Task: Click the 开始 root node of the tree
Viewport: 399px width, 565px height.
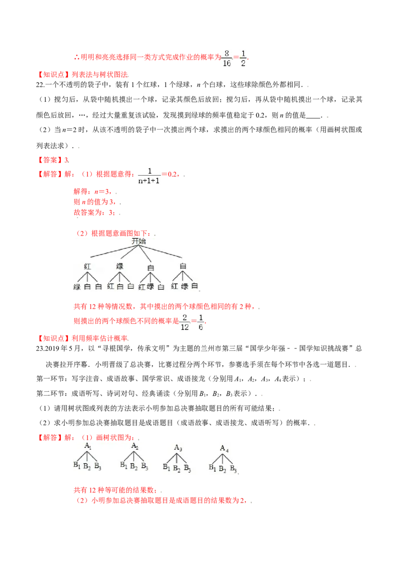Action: pyautogui.click(x=139, y=241)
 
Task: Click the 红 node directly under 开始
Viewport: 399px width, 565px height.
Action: pyautogui.click(x=88, y=267)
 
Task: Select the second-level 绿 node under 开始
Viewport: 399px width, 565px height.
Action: pyautogui.click(x=120, y=266)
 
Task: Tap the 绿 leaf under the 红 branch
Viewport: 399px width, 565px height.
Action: pyautogui.click(x=77, y=286)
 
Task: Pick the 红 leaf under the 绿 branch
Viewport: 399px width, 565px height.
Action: pyautogui.click(x=111, y=286)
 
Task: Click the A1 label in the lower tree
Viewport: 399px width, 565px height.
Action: pyautogui.click(x=88, y=445)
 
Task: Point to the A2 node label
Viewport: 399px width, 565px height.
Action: pyautogui.click(x=135, y=446)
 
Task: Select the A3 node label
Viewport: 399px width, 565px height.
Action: pyautogui.click(x=178, y=448)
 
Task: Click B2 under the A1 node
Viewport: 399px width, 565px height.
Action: pyautogui.click(x=87, y=467)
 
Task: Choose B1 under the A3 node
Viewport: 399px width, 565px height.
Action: pyautogui.click(x=167, y=468)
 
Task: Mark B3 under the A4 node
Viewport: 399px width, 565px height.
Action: pyautogui.click(x=234, y=469)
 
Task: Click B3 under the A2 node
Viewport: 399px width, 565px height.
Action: pyautogui.click(x=145, y=466)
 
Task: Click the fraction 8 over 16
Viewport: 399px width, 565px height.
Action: pyautogui.click(x=227, y=58)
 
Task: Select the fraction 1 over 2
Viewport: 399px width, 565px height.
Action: pyautogui.click(x=243, y=58)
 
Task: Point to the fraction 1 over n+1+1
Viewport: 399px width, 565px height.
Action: pyautogui.click(x=149, y=176)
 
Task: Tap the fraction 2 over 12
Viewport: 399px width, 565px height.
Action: pyautogui.click(x=184, y=321)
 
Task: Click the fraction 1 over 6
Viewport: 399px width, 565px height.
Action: pyautogui.click(x=200, y=321)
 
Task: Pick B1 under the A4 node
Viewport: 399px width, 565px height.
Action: pyautogui.click(x=212, y=469)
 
